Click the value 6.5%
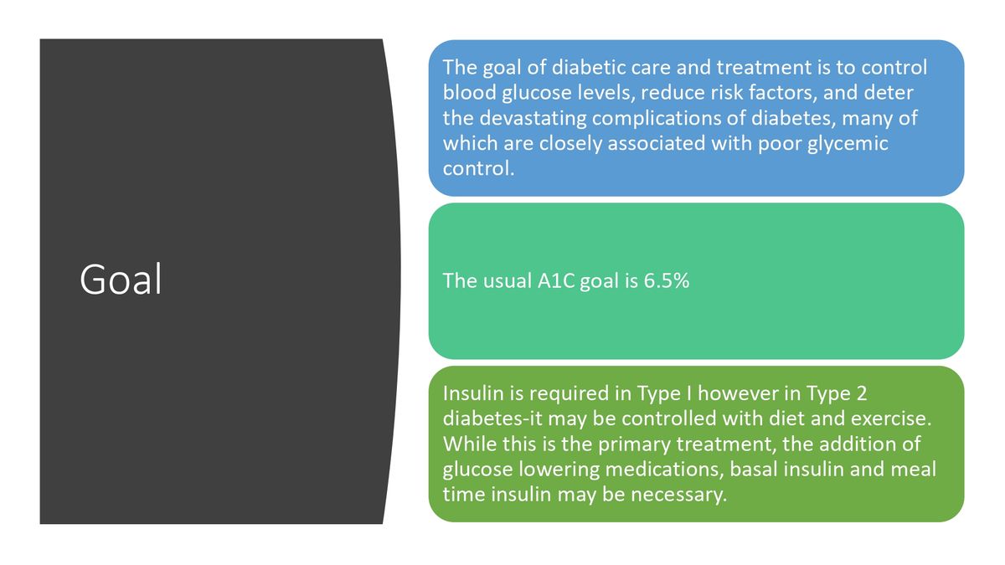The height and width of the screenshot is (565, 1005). (x=667, y=280)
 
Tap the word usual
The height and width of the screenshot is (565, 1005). (x=505, y=280)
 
